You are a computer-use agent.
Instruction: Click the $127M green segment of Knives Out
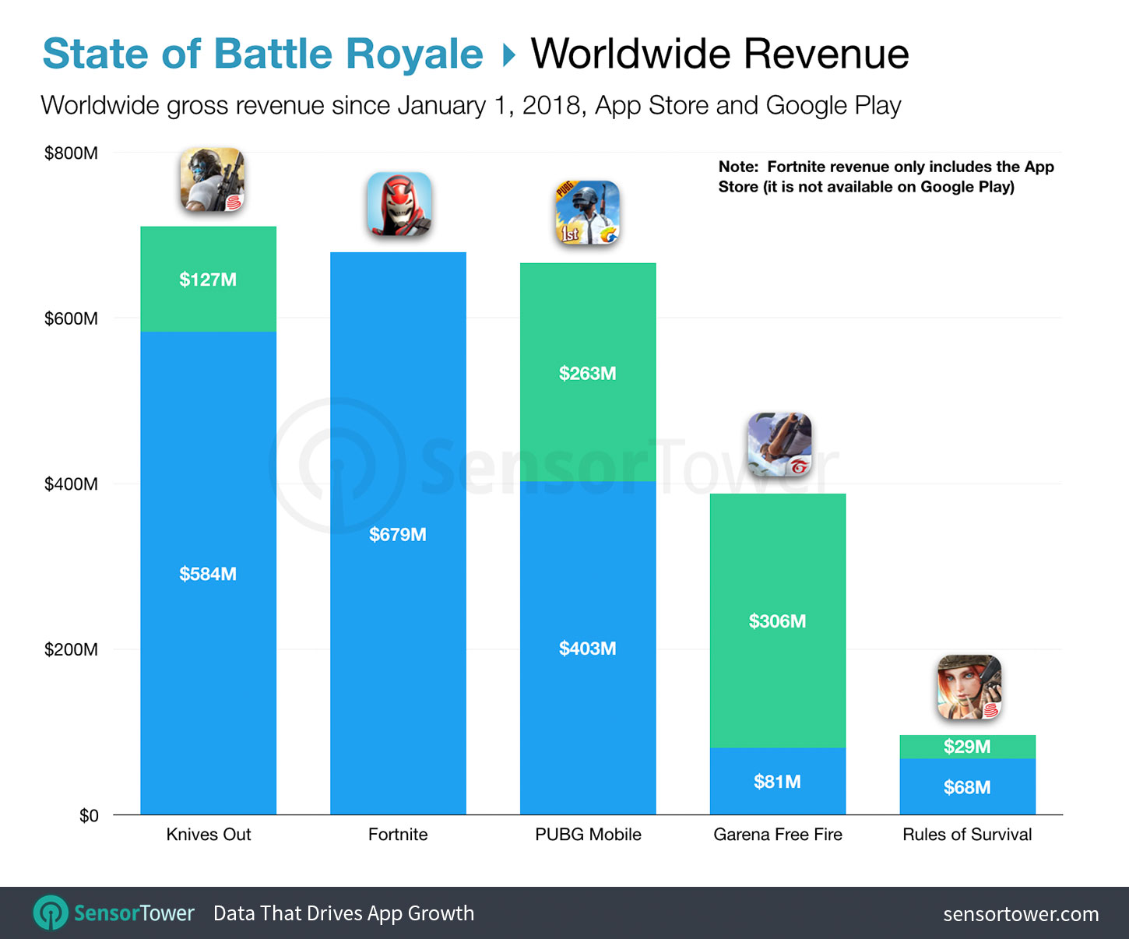pos(208,279)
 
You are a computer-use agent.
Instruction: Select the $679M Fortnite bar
pos(398,533)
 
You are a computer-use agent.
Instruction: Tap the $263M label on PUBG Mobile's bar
pos(587,374)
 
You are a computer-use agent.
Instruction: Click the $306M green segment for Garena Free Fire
pos(777,621)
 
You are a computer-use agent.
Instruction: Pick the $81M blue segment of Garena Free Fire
pos(777,781)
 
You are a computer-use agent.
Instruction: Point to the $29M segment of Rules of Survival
pos(967,747)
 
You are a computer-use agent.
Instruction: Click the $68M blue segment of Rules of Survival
pos(967,787)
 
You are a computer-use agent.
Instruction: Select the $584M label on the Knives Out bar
pos(208,574)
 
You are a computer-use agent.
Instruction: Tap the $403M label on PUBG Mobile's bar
pos(587,649)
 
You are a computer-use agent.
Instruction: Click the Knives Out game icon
pos(212,181)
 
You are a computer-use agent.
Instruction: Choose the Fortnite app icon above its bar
pos(399,205)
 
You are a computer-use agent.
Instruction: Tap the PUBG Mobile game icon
pos(587,213)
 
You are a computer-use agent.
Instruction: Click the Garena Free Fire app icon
pos(779,445)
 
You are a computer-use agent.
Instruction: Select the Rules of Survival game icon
pos(969,688)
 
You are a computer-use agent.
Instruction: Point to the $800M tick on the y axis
pos(71,153)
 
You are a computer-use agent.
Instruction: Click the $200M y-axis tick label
pos(71,649)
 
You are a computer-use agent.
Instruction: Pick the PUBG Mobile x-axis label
pos(588,835)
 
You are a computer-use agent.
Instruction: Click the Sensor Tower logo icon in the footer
pos(51,913)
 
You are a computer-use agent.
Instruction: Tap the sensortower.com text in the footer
pos(1021,914)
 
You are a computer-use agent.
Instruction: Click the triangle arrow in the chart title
pos(508,55)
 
